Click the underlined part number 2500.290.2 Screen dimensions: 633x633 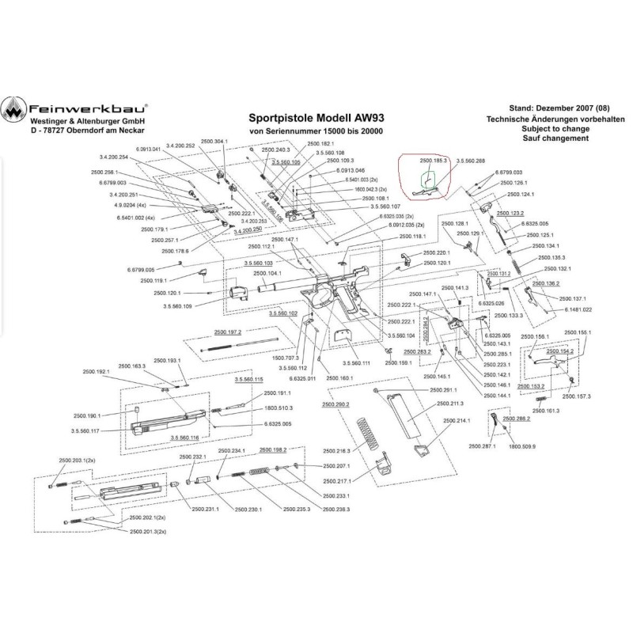tap(335, 405)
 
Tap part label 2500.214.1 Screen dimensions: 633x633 tap(457, 420)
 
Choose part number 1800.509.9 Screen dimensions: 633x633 tap(523, 446)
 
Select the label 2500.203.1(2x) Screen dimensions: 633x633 tap(77, 460)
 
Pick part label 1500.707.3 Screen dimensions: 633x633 tap(286, 358)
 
